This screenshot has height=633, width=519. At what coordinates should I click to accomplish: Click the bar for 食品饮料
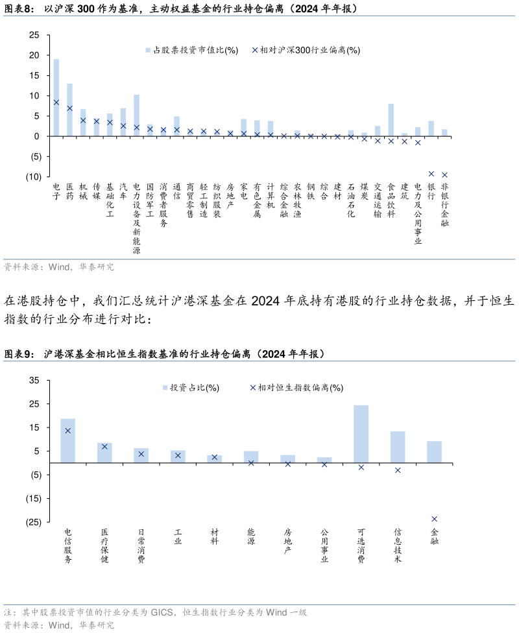[391, 120]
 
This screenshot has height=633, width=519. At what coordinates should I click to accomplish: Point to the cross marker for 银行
[431, 174]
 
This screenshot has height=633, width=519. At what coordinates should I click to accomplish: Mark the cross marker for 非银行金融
[444, 174]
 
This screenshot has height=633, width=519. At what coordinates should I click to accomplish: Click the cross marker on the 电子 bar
[56, 102]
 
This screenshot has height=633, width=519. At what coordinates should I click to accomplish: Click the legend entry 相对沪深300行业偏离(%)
[305, 50]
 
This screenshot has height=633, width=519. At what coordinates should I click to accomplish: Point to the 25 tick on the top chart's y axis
[34, 35]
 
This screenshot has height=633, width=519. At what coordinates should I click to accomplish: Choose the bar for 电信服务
[68, 441]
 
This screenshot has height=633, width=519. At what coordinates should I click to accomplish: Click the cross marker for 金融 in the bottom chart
[434, 519]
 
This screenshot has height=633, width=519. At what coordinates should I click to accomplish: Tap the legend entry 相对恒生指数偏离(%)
[296, 388]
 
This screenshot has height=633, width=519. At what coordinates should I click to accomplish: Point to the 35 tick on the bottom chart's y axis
[34, 381]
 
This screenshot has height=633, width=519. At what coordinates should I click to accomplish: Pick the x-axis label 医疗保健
[104, 545]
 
